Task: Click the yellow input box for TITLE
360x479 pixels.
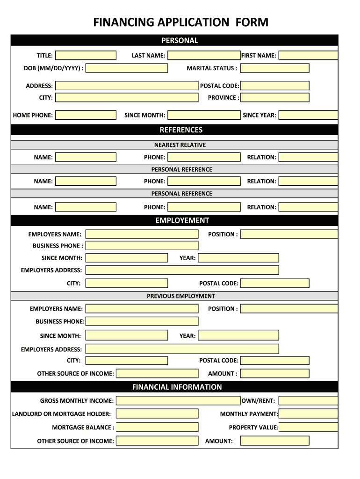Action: point(86,56)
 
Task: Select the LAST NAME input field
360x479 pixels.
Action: point(204,56)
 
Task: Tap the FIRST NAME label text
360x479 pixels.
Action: point(259,56)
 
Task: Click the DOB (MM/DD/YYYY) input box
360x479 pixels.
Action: point(127,68)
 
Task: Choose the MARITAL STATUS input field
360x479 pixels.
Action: point(274,68)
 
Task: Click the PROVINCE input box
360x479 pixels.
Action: point(274,98)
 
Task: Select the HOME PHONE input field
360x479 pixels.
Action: point(86,115)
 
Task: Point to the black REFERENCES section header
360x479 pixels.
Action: point(181,130)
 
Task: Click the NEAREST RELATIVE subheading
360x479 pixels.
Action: point(180,145)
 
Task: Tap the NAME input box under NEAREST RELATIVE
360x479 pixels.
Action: point(86,157)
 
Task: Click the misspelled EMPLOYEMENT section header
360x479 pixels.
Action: point(182,220)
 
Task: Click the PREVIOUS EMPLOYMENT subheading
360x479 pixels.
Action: point(181,296)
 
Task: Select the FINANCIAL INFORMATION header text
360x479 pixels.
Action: point(177,387)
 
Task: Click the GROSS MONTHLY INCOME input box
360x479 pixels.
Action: point(178,401)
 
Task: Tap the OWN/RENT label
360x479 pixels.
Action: point(258,401)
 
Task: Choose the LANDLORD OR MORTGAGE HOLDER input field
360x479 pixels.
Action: point(157,414)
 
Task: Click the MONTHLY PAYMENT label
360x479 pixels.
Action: point(249,414)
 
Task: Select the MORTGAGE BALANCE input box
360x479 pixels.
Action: point(157,428)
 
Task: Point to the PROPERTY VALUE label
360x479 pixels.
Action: point(253,428)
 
